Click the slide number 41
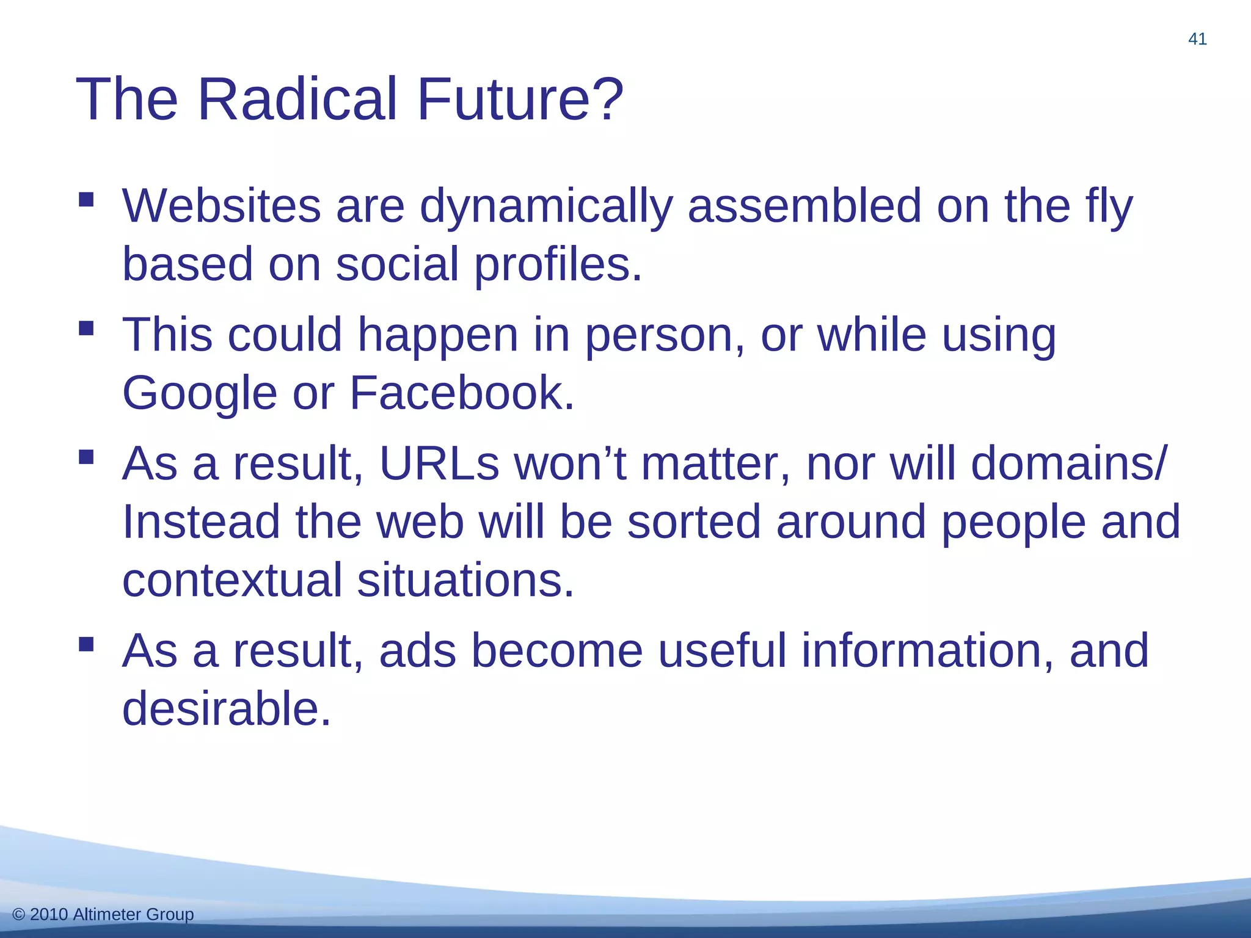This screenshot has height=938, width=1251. (x=1197, y=39)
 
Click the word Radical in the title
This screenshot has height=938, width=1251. (x=297, y=99)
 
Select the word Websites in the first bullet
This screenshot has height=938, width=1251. (x=221, y=206)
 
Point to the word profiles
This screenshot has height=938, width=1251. (x=558, y=265)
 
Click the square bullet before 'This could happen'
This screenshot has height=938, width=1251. (x=86, y=329)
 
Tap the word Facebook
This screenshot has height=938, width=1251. (x=462, y=393)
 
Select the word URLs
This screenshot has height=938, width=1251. (x=439, y=464)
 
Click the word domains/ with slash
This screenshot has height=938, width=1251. (x=1070, y=464)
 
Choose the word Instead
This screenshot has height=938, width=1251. (x=201, y=522)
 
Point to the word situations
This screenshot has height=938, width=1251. (x=465, y=580)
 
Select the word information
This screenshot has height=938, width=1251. (x=927, y=651)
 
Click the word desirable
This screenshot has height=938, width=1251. (x=226, y=709)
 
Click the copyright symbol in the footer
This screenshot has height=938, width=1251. (x=18, y=914)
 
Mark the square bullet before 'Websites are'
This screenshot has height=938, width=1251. (x=86, y=200)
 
